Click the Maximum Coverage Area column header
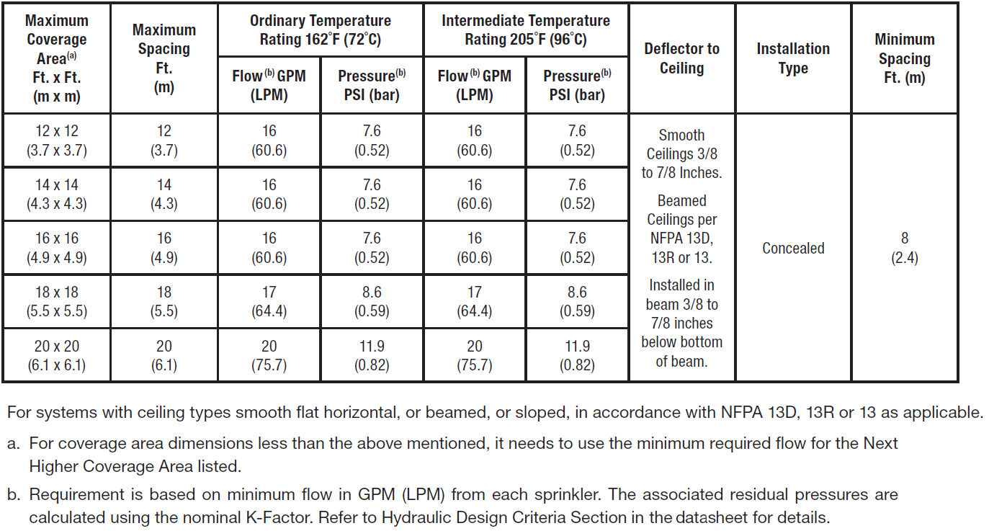tap(56, 58)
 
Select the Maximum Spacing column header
tap(164, 58)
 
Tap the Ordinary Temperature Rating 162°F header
tap(321, 30)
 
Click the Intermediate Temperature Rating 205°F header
tap(526, 30)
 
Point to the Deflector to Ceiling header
tap(681, 58)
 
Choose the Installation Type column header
tap(793, 58)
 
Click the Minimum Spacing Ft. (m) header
tap(905, 58)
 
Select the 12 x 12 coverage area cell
tap(56, 140)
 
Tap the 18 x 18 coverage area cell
tap(56, 302)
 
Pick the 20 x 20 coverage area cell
tap(56, 355)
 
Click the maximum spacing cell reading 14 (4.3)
tap(164, 195)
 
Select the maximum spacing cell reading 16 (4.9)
tap(164, 248)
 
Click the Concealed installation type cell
tap(793, 248)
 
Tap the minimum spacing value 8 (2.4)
tap(905, 248)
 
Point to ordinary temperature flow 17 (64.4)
tap(269, 302)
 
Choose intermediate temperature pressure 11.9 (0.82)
tap(577, 355)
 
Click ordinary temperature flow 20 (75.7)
tap(269, 355)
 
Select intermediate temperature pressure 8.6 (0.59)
tap(577, 302)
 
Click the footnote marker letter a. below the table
tap(13, 442)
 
